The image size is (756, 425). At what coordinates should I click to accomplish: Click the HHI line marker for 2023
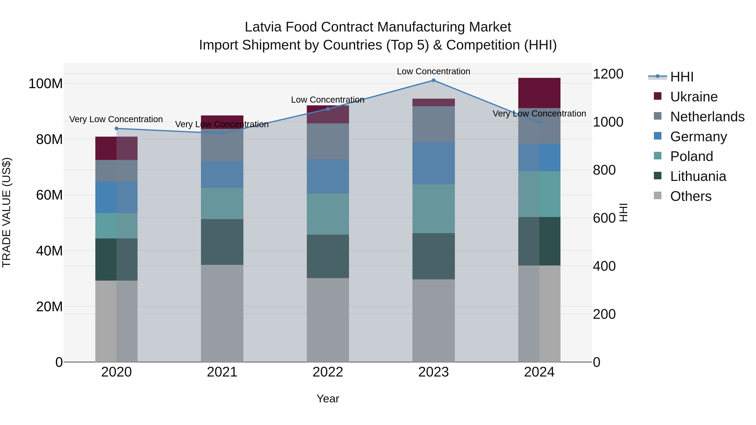pyautogui.click(x=433, y=80)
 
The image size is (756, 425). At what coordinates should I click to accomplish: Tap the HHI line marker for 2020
pyautogui.click(x=117, y=128)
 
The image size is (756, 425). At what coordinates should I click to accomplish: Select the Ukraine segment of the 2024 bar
pyautogui.click(x=539, y=93)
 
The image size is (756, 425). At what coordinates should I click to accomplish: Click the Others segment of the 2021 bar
pyautogui.click(x=222, y=313)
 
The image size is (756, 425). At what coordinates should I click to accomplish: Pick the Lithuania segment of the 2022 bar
pyautogui.click(x=328, y=256)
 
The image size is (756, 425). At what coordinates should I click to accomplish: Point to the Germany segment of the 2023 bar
pyautogui.click(x=433, y=163)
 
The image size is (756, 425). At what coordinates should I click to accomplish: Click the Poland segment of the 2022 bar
pyautogui.click(x=328, y=214)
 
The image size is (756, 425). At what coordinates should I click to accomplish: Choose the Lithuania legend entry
pyautogui.click(x=698, y=176)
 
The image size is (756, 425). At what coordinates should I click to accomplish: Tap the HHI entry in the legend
pyautogui.click(x=681, y=77)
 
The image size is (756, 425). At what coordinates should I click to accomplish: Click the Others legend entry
pyautogui.click(x=690, y=196)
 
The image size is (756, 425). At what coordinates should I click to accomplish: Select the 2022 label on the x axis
pyautogui.click(x=328, y=372)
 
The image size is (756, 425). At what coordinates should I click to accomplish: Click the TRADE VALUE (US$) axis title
pyautogui.click(x=7, y=212)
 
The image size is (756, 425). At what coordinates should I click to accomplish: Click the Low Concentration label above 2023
pyautogui.click(x=433, y=71)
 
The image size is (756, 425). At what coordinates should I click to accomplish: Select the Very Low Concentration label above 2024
pyautogui.click(x=539, y=114)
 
